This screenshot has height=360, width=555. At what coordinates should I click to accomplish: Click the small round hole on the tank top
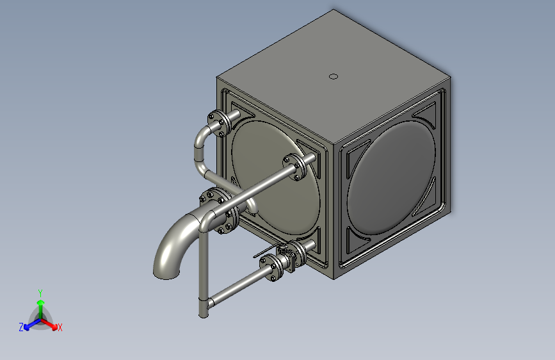pyautogui.click(x=334, y=76)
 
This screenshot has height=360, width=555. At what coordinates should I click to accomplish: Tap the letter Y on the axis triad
pyautogui.click(x=40, y=293)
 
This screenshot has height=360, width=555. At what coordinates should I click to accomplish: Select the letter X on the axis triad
pyautogui.click(x=60, y=327)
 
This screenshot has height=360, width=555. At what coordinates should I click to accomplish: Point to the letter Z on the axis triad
pyautogui.click(x=21, y=327)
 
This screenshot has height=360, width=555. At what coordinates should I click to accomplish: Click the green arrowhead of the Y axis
pyautogui.click(x=41, y=303)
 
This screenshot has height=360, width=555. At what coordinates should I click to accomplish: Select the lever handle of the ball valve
pyautogui.click(x=266, y=251)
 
